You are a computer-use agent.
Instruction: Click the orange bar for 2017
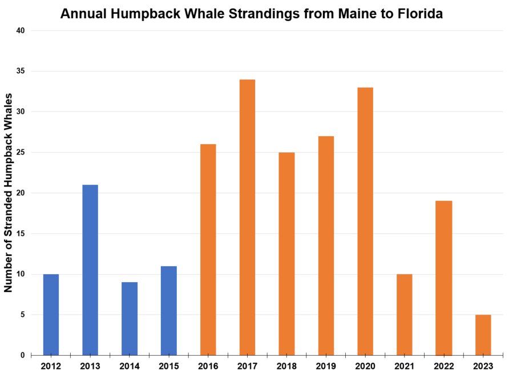[247, 217]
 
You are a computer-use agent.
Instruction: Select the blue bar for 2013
[90, 270]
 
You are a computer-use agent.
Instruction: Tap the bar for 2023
[483, 335]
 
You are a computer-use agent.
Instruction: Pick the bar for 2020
[365, 221]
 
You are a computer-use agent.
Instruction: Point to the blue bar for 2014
[130, 319]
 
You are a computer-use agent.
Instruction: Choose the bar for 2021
[405, 315]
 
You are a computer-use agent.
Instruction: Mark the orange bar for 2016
[208, 250]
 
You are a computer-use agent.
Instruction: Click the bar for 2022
[444, 278]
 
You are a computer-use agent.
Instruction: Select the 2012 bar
[51, 315]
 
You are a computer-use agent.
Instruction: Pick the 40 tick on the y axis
[21, 31]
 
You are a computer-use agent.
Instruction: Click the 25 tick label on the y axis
[21, 153]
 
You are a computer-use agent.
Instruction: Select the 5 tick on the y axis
[23, 315]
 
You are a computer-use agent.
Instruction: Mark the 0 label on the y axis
[23, 355]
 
